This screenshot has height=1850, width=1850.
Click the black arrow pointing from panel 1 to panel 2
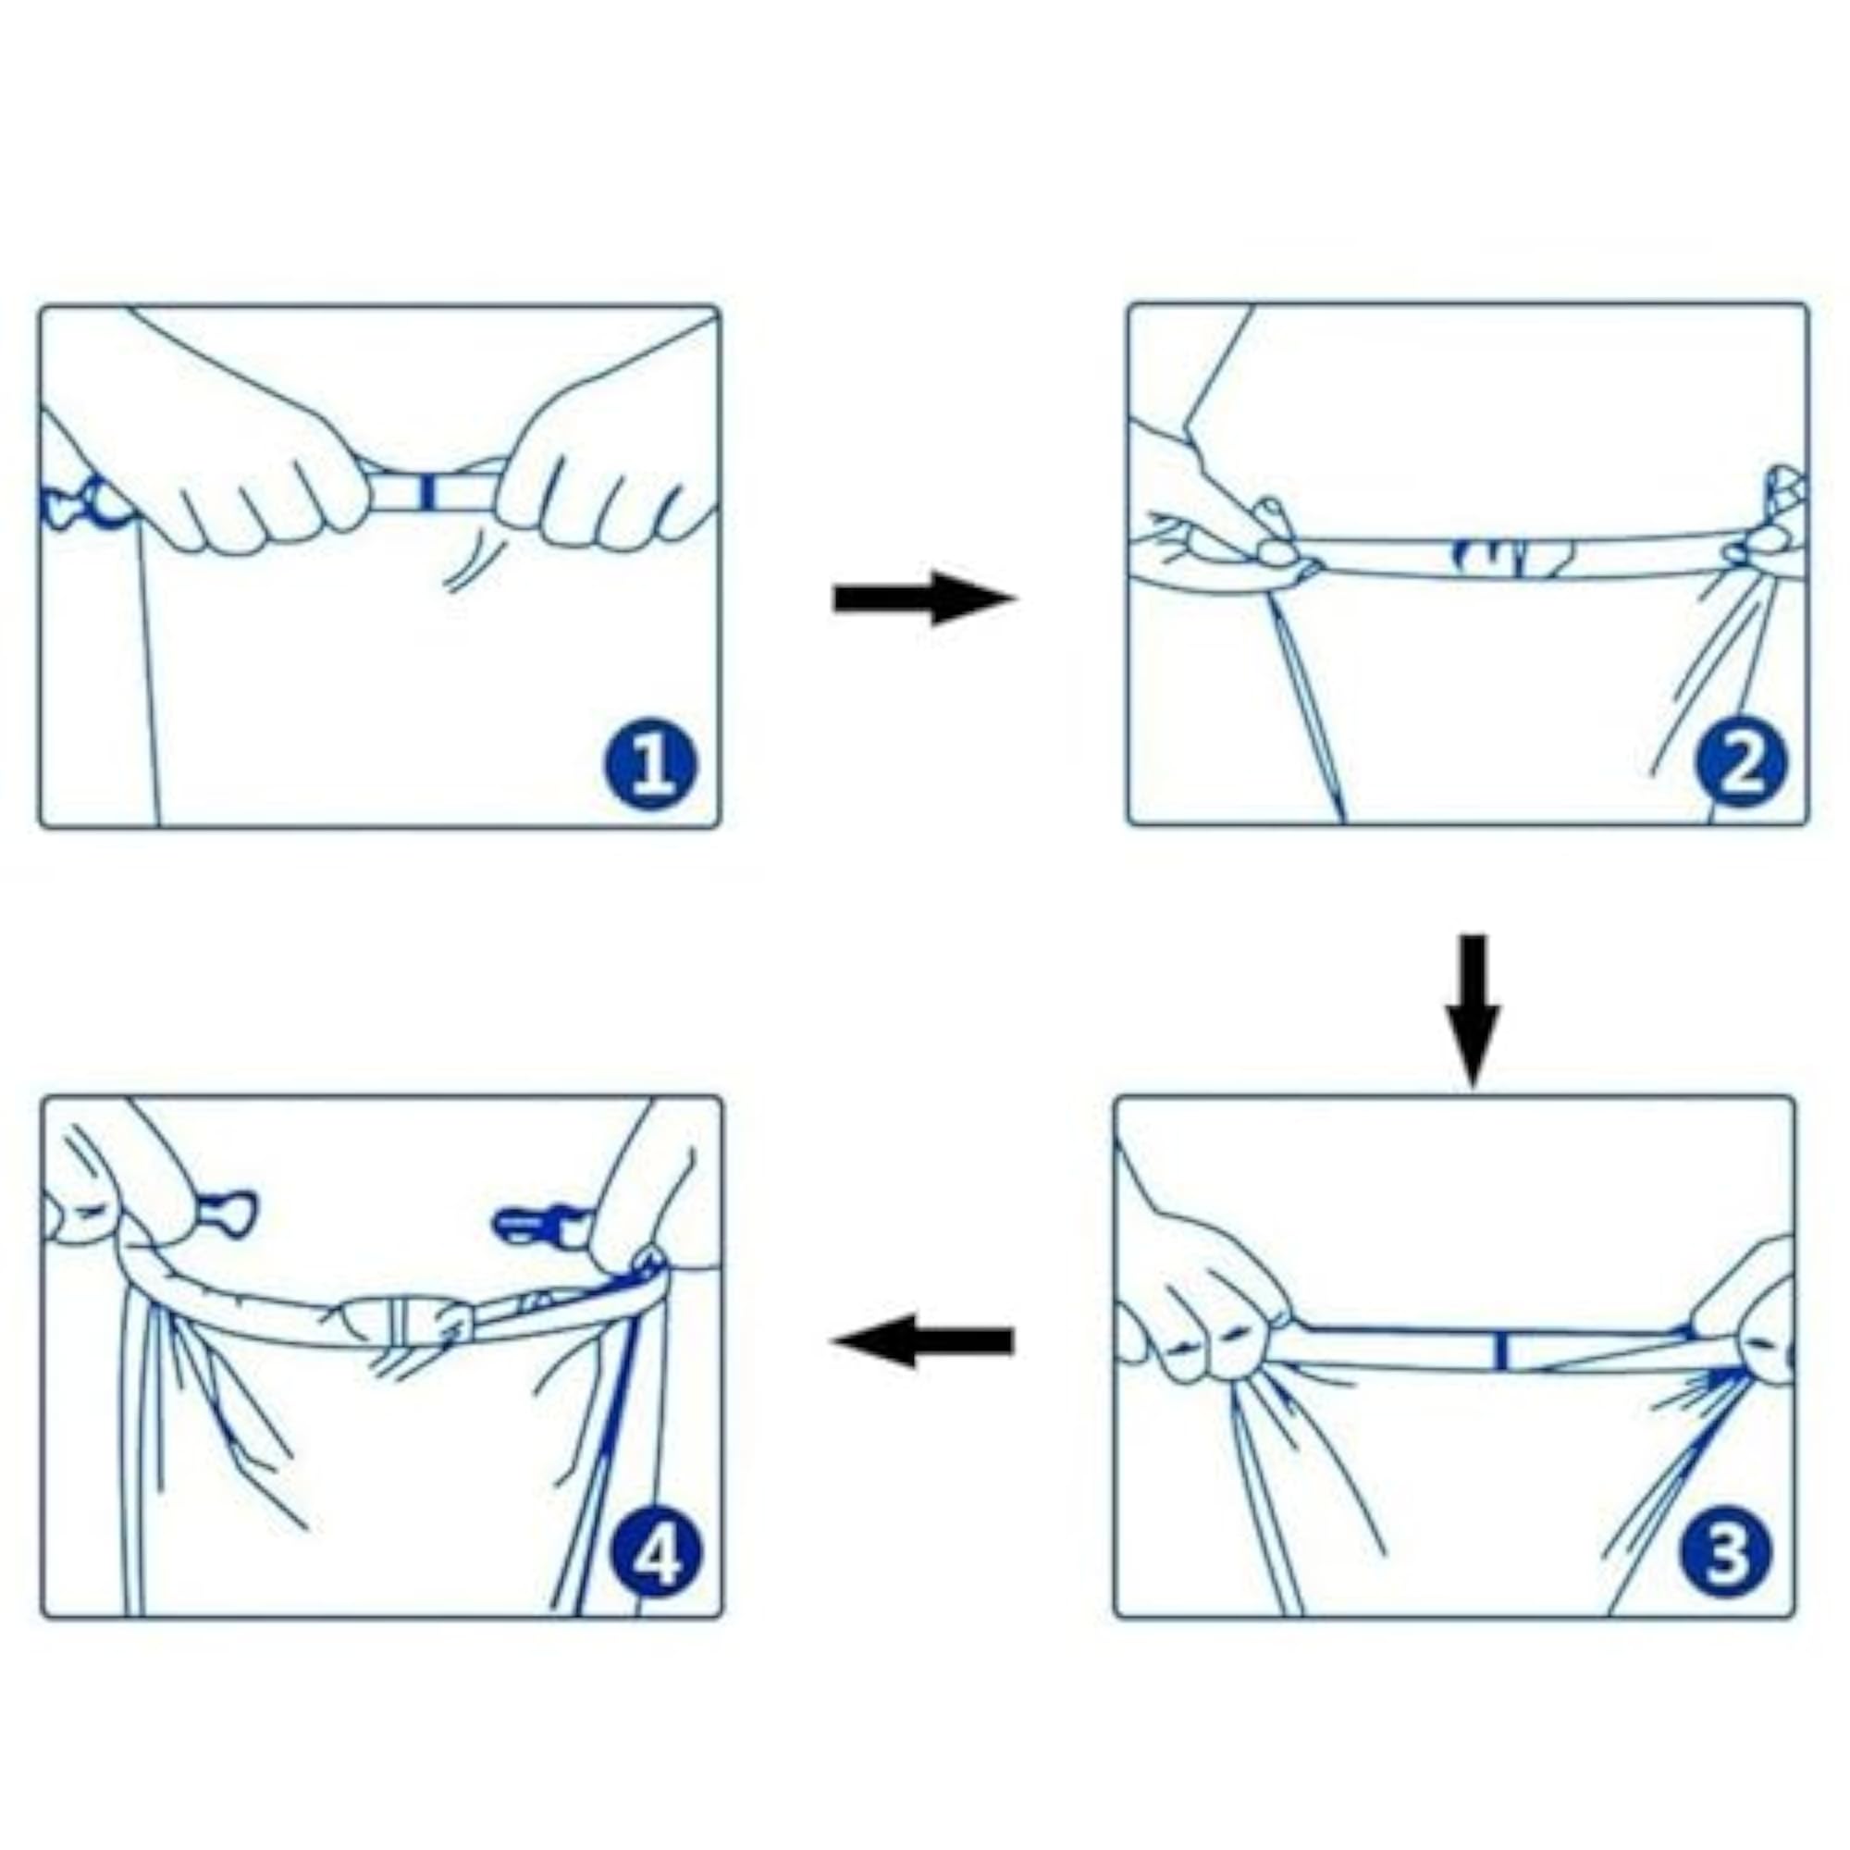click(x=923, y=599)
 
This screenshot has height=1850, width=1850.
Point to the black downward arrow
click(x=1473, y=1011)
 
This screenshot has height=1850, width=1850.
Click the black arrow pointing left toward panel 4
click(x=921, y=1340)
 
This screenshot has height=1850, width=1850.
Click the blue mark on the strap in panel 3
click(x=1500, y=1351)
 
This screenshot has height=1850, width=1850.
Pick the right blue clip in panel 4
click(x=536, y=1227)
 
